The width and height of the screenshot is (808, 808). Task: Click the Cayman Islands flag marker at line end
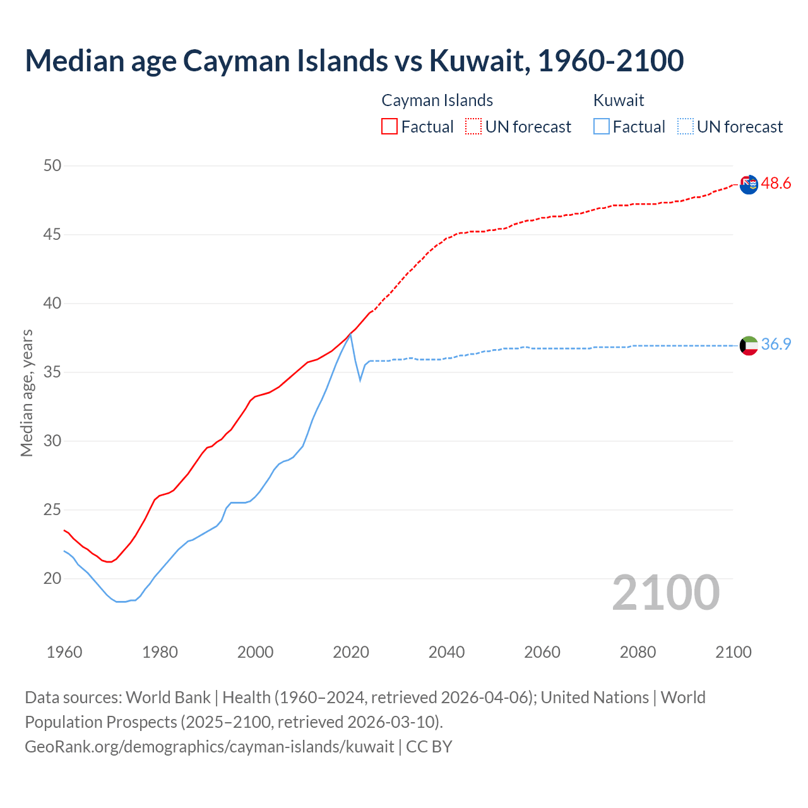point(749,184)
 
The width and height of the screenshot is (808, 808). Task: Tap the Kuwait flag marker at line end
point(749,345)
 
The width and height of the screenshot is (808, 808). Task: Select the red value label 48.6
point(776,184)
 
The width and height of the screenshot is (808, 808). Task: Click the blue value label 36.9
point(776,345)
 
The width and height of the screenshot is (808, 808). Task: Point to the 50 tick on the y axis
point(52,166)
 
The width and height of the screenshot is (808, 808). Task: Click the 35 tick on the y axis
point(52,372)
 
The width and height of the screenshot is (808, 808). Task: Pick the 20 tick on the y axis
point(52,579)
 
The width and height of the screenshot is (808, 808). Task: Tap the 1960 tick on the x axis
point(64,652)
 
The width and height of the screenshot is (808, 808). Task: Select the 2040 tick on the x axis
point(446,652)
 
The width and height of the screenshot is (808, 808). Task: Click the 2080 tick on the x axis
point(638,652)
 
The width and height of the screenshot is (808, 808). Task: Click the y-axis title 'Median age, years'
point(27,393)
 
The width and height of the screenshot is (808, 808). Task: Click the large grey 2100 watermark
point(666,593)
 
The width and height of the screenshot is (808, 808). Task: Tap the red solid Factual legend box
point(389,127)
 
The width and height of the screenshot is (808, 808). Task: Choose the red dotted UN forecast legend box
point(473,127)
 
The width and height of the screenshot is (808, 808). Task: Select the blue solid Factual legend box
point(602,127)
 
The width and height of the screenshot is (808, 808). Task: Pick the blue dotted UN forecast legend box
point(686,127)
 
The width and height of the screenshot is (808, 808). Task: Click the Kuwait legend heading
point(619,100)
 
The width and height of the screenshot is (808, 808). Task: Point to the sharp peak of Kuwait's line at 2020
point(350,335)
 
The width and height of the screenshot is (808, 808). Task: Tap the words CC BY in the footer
point(429,747)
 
